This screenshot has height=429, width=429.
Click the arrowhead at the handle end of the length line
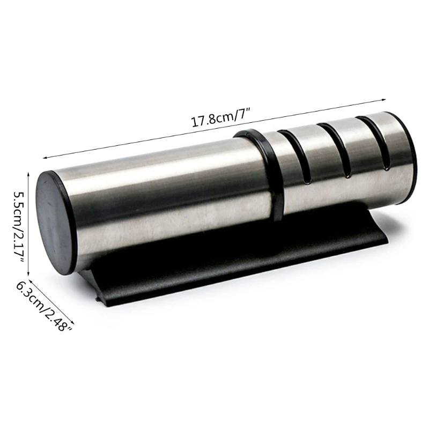tap(45, 157)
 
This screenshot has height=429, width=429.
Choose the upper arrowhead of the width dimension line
tap(30, 280)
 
